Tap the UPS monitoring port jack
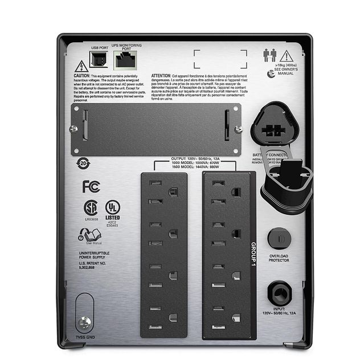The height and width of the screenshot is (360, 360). click(x=121, y=58)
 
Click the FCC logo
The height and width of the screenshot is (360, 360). click(x=91, y=186)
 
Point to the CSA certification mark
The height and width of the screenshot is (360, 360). click(x=91, y=207)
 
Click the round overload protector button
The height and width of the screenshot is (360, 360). click(x=279, y=236)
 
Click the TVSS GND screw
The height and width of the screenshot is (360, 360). click(x=84, y=322)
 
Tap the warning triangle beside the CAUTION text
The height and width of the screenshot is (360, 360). click(x=81, y=66)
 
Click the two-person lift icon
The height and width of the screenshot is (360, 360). click(x=269, y=55)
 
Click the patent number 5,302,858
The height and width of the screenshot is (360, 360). click(x=91, y=267)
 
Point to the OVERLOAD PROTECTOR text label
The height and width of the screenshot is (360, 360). click(x=279, y=257)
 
